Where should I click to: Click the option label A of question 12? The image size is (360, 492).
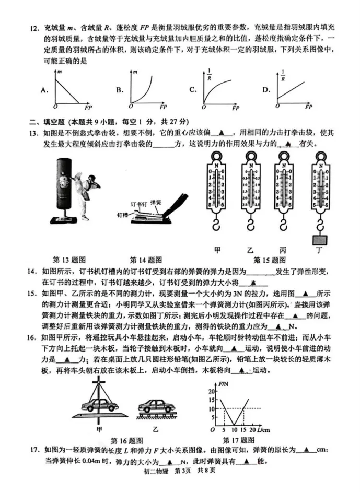[44, 90]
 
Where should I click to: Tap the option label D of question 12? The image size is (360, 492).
[266, 90]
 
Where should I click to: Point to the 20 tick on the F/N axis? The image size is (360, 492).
[211, 390]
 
